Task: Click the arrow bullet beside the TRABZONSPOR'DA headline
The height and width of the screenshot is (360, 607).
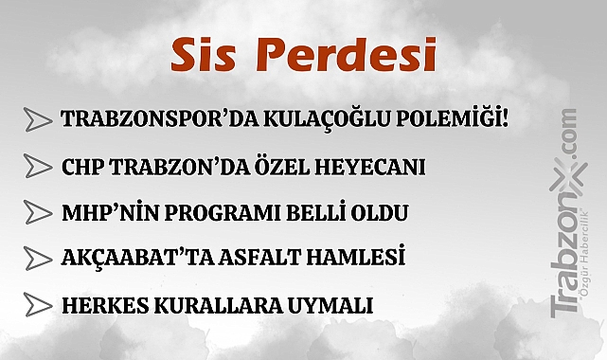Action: pyautogui.click(x=37, y=119)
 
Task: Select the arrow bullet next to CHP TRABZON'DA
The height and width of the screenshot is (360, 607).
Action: pyautogui.click(x=37, y=167)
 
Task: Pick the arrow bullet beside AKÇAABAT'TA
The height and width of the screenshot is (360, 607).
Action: pyautogui.click(x=37, y=258)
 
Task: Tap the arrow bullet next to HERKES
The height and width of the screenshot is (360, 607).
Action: pyautogui.click(x=37, y=305)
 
